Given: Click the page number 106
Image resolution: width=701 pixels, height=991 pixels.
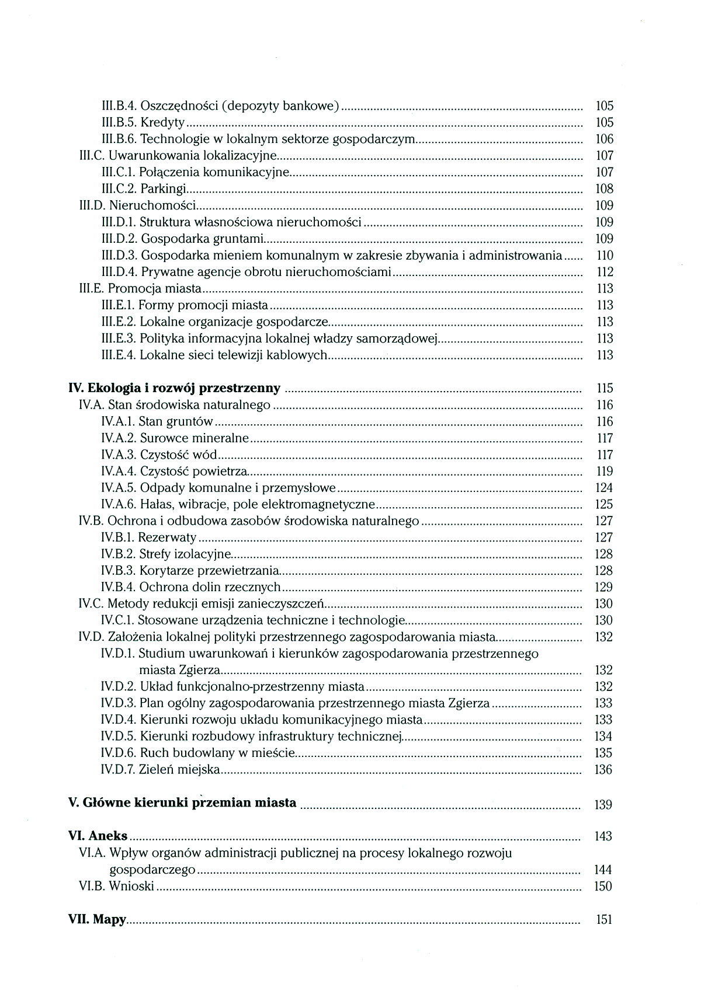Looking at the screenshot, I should coord(604,139).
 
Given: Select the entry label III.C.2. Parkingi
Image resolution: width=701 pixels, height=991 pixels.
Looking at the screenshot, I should coord(144,189).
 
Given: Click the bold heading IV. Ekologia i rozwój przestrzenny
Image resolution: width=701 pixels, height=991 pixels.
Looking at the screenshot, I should coord(175,388).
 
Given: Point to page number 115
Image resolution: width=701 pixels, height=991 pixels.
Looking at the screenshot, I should coord(604,388).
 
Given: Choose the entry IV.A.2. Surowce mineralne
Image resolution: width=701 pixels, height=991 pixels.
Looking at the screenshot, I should coord(175,438).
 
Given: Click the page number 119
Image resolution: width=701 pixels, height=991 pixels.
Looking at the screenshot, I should coord(604,472).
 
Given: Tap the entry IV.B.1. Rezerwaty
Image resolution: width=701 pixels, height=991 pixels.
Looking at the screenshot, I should coord(148,538).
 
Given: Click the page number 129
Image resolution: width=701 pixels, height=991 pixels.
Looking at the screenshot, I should coord(604,587).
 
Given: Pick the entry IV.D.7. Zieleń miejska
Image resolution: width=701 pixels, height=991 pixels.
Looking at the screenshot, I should coord(160,770).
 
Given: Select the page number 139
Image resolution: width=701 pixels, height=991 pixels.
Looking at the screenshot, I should coord(603,805).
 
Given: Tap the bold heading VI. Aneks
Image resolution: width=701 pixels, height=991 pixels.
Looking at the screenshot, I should coord(98,836).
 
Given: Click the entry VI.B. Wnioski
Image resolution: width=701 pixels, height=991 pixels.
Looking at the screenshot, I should coord(116,887).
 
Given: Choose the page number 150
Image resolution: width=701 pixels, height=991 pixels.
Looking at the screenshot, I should coord(603,887).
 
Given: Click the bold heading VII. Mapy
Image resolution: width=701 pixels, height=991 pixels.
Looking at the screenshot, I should coord(97,920).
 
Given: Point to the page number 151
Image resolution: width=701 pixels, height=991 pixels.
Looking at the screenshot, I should coord(603,920).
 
